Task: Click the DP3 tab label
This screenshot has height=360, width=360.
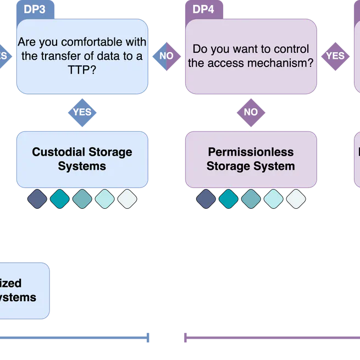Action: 35,9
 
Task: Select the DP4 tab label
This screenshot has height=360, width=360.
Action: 204,9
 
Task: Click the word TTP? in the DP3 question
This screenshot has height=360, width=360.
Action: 82,70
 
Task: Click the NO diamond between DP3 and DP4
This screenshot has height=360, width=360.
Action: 166,56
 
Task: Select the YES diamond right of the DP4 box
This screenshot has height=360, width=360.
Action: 335,56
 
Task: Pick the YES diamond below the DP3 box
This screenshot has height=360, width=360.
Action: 82,112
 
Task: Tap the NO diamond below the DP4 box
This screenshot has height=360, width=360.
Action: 251,112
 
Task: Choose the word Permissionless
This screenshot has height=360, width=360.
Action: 251,152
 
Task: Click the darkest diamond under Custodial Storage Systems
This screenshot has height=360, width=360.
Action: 37,199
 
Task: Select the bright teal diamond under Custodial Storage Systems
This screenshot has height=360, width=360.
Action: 59,199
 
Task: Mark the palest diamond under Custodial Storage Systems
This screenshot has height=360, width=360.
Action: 127,199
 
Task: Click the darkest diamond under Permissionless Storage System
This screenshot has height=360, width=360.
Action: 206,199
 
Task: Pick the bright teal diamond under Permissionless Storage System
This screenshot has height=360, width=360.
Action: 228,199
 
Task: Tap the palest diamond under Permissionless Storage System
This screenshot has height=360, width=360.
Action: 296,199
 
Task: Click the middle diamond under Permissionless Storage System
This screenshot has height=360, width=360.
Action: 251,199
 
